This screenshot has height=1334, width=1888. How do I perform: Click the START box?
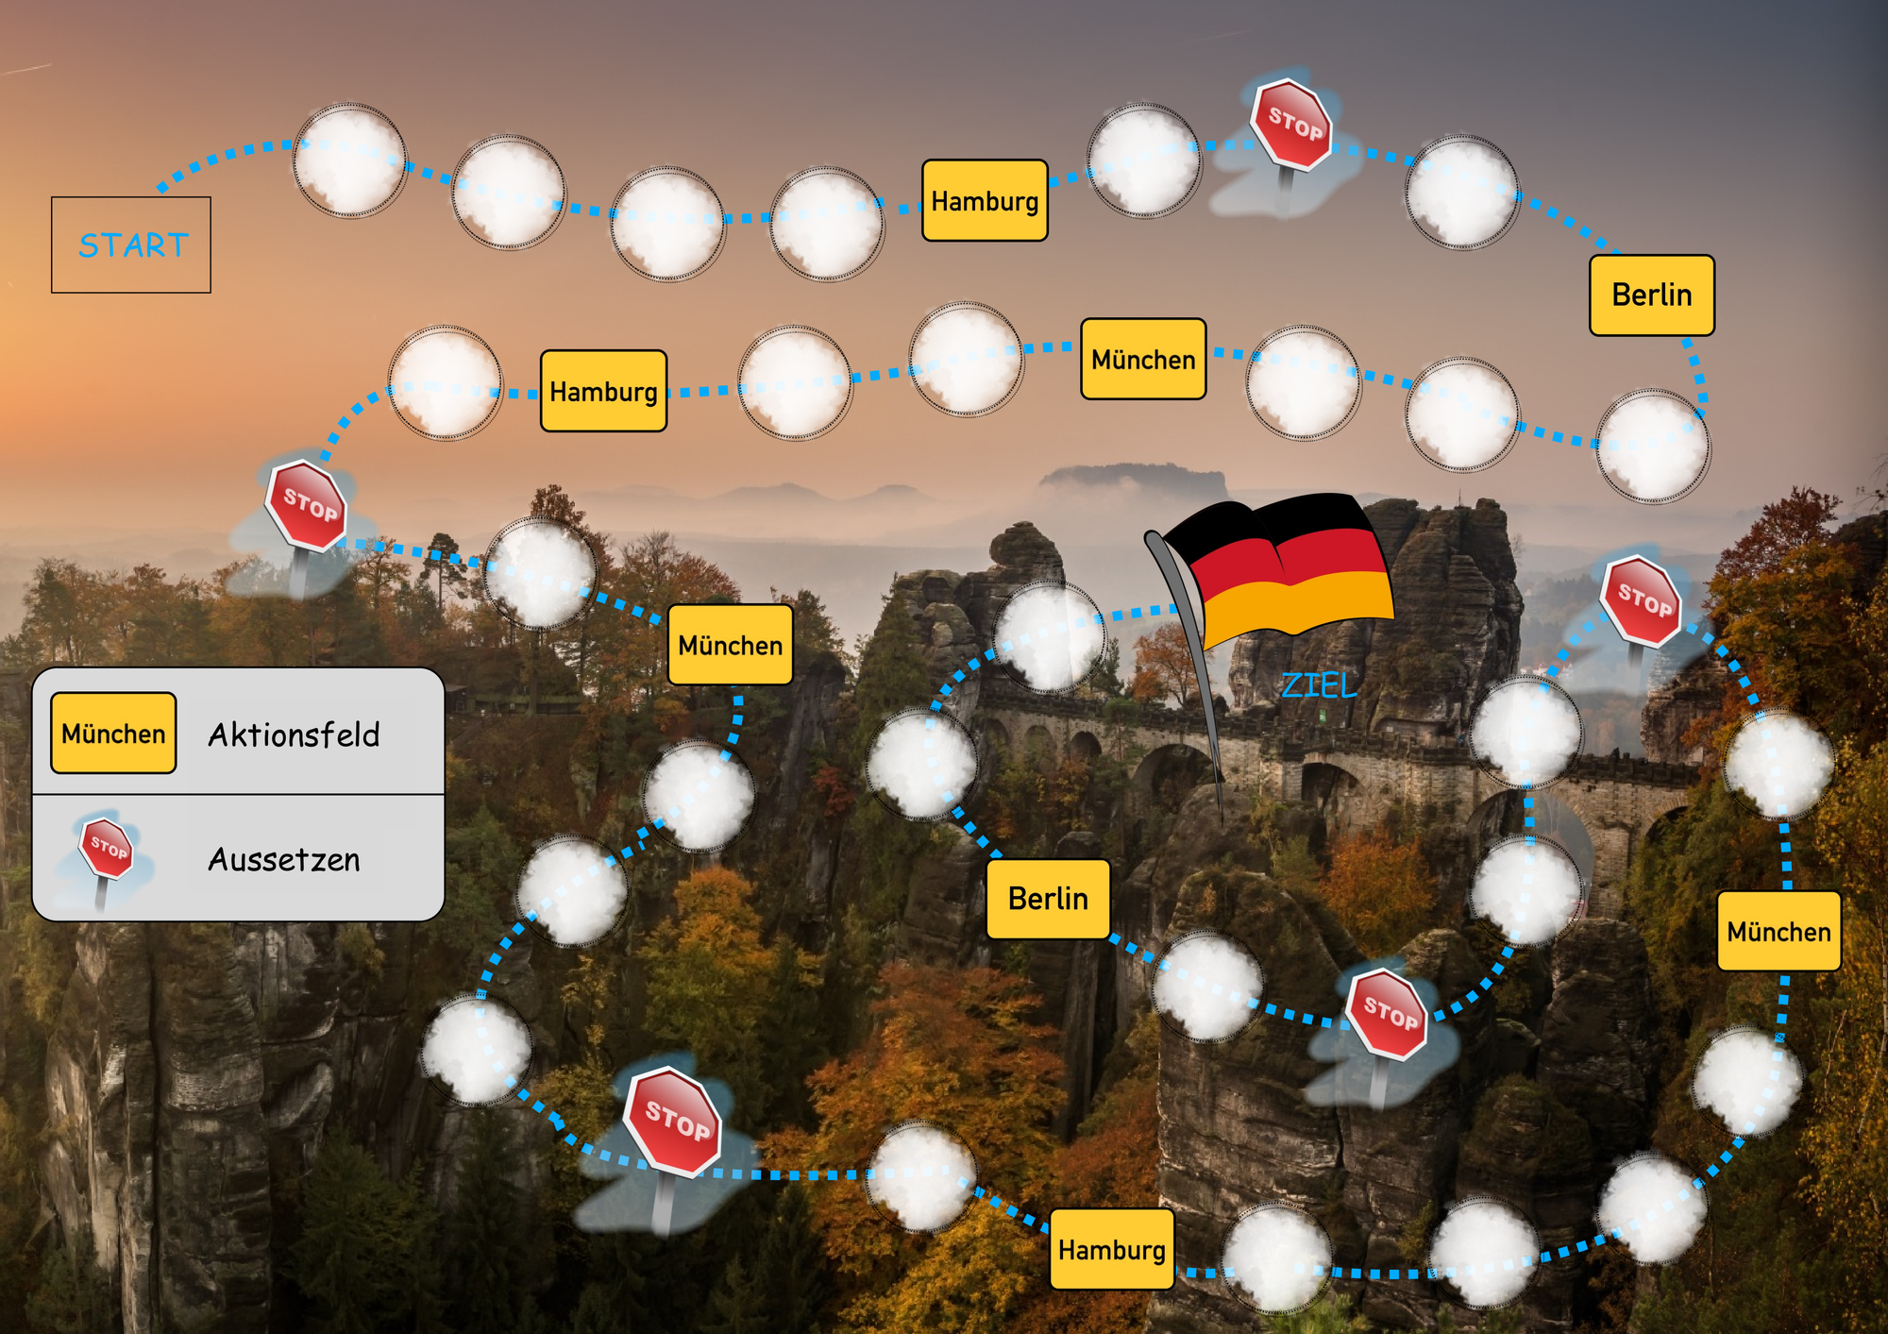131,245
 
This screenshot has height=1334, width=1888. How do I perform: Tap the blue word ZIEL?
1319,685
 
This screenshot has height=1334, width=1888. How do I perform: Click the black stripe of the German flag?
1265,522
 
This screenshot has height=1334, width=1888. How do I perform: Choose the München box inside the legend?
113,734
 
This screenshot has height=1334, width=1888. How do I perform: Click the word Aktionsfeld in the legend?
294,735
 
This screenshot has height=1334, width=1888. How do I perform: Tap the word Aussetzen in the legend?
284,860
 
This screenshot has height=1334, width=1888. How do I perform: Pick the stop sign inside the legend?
106,854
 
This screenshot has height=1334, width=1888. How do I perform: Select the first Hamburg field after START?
985,200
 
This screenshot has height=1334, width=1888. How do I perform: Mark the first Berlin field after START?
1652,295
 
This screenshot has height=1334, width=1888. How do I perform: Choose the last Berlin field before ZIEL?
1048,899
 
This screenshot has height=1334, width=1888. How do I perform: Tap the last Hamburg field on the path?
1112,1249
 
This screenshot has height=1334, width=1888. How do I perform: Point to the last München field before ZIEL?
1778,932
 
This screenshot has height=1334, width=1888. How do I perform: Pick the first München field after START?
1143,359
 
